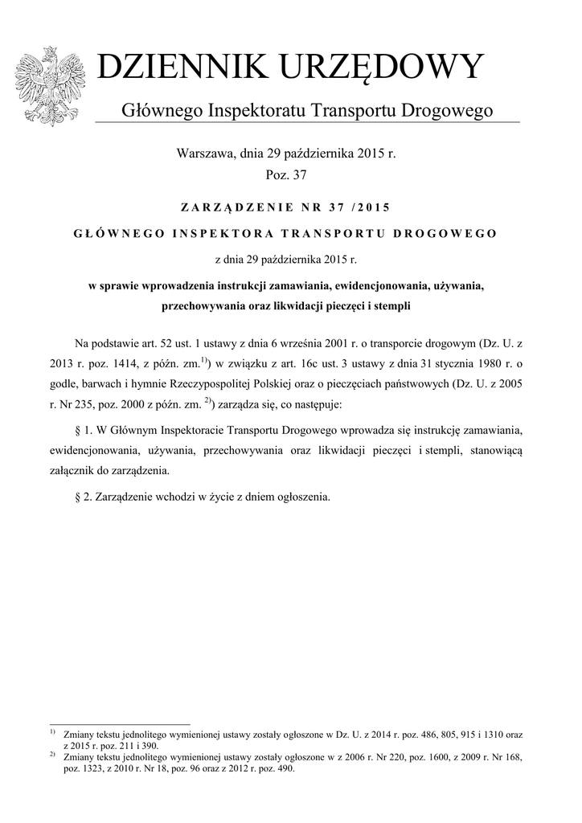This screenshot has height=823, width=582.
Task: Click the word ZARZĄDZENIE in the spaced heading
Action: [235, 207]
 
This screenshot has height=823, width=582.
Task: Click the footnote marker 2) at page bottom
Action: [52, 755]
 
